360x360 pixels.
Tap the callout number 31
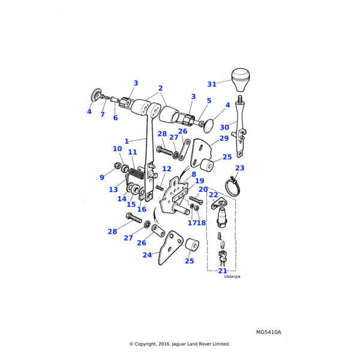click(x=211, y=84)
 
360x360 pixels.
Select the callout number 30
click(x=224, y=127)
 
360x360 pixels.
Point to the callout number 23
click(x=239, y=168)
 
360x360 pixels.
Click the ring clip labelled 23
click(x=235, y=181)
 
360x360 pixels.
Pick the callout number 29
click(x=224, y=138)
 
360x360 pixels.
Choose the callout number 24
click(x=147, y=255)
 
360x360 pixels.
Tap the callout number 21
click(x=223, y=271)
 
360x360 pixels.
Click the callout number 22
click(x=213, y=195)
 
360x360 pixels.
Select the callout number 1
click(x=127, y=142)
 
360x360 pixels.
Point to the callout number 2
click(x=160, y=88)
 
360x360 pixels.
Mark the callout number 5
click(x=209, y=101)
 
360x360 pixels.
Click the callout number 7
click(x=103, y=114)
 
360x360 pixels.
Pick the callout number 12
click(x=166, y=169)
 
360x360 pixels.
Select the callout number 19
click(x=199, y=181)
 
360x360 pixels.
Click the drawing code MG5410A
click(x=268, y=332)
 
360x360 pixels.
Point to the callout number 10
click(x=117, y=149)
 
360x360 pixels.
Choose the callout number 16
click(x=142, y=209)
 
